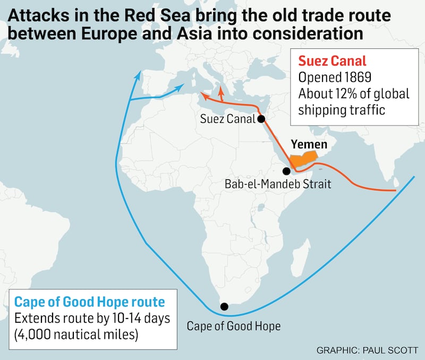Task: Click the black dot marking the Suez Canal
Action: click(261, 119)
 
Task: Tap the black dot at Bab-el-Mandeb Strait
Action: click(287, 171)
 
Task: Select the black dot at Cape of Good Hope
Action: click(224, 306)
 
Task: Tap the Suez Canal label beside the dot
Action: click(228, 119)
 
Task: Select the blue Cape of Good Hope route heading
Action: click(89, 302)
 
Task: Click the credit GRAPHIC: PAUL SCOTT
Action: click(367, 350)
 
